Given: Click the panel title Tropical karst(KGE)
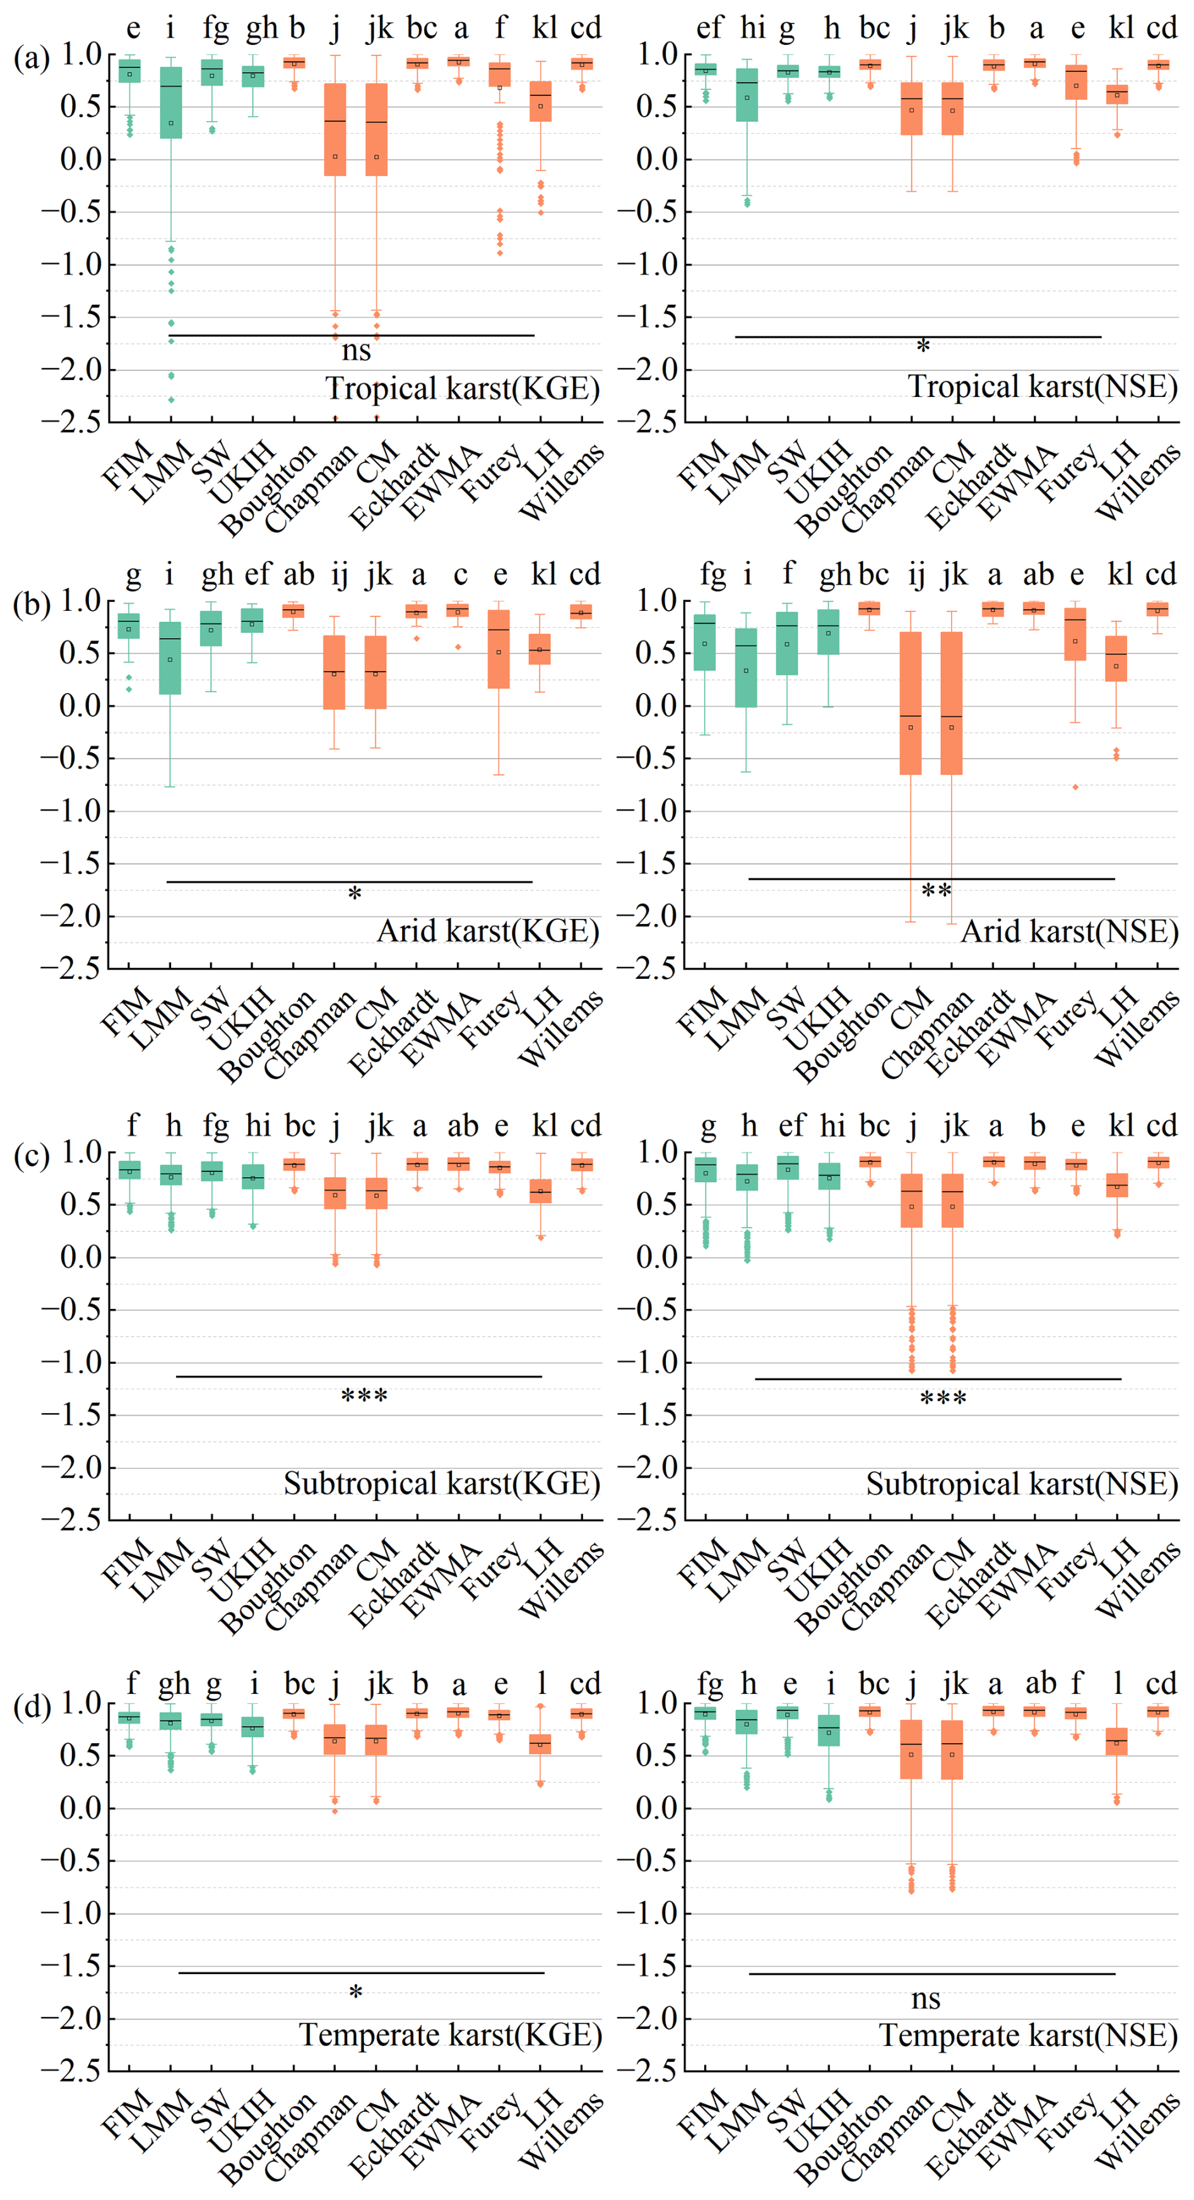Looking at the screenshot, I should [462, 389].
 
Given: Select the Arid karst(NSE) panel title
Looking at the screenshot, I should [1069, 931].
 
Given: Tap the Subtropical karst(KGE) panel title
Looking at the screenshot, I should [442, 1484].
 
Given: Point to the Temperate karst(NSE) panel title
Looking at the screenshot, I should [1028, 2035].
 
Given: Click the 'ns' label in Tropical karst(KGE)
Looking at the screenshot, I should [356, 350].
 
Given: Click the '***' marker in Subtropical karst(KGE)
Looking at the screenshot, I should [364, 1398].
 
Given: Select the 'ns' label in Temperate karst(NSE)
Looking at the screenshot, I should [926, 1999].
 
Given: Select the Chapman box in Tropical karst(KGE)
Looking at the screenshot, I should [335, 129].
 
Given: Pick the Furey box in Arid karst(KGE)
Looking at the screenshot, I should [499, 649].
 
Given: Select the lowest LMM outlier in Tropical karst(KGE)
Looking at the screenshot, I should [171, 399].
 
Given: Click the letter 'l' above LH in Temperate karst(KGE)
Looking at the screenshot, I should [541, 1684].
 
